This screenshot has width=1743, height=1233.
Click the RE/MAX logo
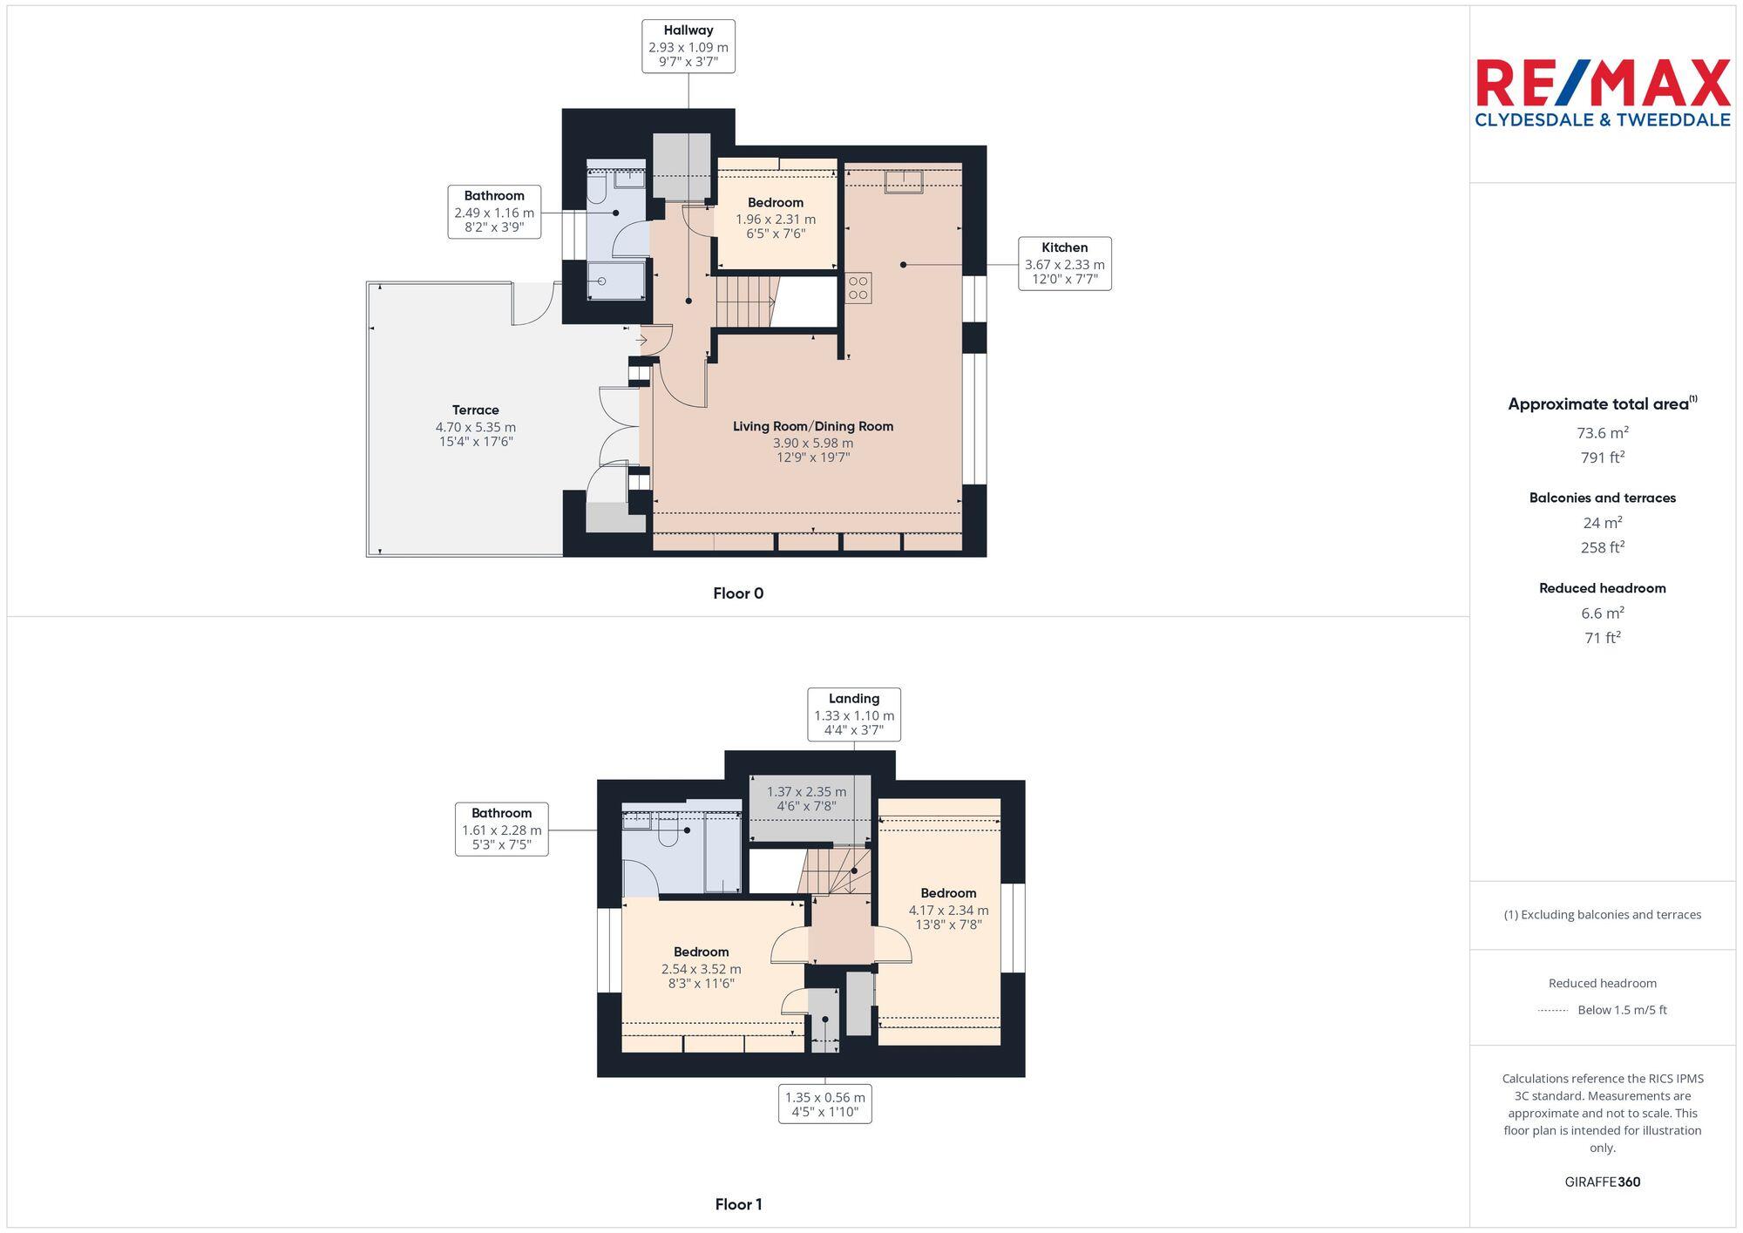point(1602,93)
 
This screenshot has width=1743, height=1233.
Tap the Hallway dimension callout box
point(688,46)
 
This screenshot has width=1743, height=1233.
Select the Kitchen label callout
point(1064,263)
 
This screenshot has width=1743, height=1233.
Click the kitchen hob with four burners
point(858,288)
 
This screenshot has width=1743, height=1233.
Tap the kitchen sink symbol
point(904,181)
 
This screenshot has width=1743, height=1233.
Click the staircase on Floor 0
point(744,301)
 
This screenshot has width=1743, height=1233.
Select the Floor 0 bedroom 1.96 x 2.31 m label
point(775,218)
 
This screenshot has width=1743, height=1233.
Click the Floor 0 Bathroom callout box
point(494,211)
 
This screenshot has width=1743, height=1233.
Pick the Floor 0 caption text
point(738,593)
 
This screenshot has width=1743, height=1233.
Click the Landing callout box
point(853,715)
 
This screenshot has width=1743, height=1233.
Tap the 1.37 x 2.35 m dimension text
point(806,798)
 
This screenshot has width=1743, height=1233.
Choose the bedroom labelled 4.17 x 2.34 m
point(948,908)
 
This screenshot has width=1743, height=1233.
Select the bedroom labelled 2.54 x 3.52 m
point(701,967)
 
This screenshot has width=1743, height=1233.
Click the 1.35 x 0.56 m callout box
point(824,1104)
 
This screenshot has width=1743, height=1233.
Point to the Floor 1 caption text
point(738,1204)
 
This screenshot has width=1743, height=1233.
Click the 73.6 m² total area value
point(1602,432)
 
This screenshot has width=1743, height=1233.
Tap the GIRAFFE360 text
point(1602,1182)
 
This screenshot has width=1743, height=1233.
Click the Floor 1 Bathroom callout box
point(501,829)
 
